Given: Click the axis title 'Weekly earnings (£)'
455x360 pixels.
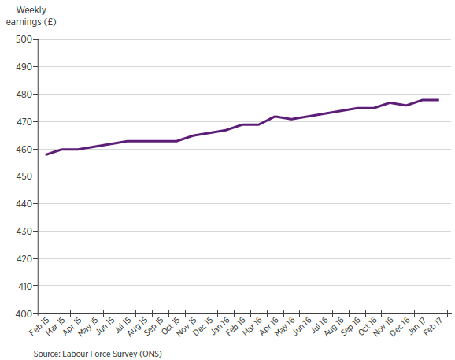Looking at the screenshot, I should [x=31, y=16].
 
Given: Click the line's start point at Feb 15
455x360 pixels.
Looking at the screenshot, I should [x=46, y=154].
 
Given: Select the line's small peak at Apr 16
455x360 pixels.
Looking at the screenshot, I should [x=275, y=117].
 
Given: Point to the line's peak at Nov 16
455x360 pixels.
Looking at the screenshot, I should [x=390, y=102].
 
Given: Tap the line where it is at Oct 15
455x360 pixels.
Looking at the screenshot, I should [x=176, y=141].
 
